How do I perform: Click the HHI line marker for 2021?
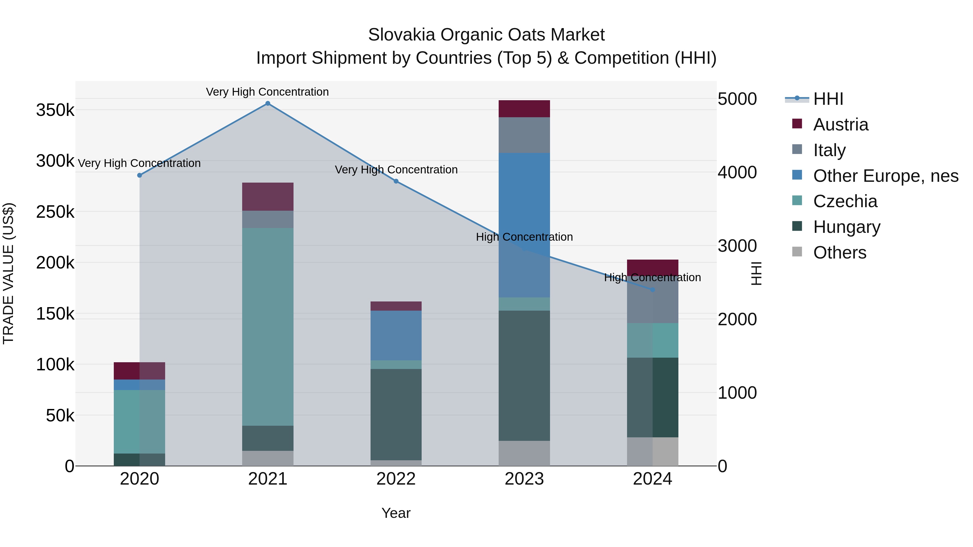tap(267, 103)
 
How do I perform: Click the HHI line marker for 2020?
tap(139, 175)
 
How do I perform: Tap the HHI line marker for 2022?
tap(396, 181)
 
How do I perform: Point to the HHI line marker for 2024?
tap(652, 290)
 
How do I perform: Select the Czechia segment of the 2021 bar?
tap(267, 327)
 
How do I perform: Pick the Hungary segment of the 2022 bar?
tap(396, 414)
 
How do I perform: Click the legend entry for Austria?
tap(840, 125)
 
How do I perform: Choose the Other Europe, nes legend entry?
tap(885, 176)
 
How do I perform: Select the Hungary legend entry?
tap(847, 227)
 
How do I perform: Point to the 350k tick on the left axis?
tap(55, 110)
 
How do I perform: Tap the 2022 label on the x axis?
tap(396, 479)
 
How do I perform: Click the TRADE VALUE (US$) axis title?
tap(8, 273)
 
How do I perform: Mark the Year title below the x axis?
tap(396, 513)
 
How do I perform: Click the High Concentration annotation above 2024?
tap(652, 277)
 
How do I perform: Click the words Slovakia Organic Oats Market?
tap(486, 35)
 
